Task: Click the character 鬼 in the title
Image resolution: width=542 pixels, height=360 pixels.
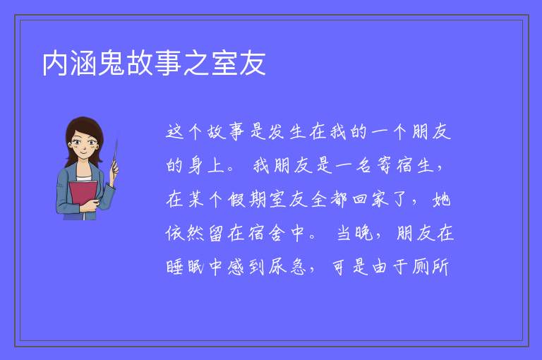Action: (112, 64)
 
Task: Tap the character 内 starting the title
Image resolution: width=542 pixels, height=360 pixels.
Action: (55, 64)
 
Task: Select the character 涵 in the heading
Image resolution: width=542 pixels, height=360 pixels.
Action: (83, 64)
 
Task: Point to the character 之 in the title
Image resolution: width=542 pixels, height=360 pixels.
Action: (196, 64)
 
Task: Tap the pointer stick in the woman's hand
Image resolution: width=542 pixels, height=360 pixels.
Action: (115, 155)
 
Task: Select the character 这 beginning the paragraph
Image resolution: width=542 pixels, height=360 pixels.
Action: (174, 132)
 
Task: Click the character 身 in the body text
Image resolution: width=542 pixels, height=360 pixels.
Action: (195, 165)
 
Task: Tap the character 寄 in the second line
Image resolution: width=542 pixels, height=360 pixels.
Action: (384, 165)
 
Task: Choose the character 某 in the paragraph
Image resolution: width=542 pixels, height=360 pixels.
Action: (195, 199)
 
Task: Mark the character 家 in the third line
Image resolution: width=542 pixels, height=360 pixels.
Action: (380, 199)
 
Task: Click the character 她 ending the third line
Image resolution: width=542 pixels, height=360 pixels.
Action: (442, 199)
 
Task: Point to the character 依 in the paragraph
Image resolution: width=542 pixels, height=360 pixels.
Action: (174, 233)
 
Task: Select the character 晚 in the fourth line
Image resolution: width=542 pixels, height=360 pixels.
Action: (364, 233)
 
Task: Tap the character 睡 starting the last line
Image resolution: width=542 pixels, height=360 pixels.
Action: (174, 267)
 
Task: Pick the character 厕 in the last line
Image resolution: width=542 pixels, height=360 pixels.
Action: (420, 267)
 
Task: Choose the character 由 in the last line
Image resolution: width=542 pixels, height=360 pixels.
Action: (379, 267)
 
